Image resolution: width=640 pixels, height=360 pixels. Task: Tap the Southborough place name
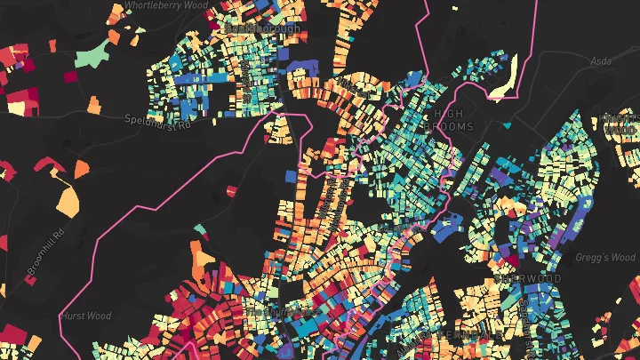point(263,28)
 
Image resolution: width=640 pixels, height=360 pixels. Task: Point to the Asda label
point(601,63)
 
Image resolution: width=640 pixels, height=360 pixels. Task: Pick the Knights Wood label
point(620,124)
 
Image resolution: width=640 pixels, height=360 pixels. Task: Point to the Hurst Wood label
point(85,316)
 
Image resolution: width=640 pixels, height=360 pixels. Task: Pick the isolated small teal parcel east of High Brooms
point(513,162)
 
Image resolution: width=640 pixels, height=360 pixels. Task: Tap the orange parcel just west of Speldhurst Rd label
point(96,105)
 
